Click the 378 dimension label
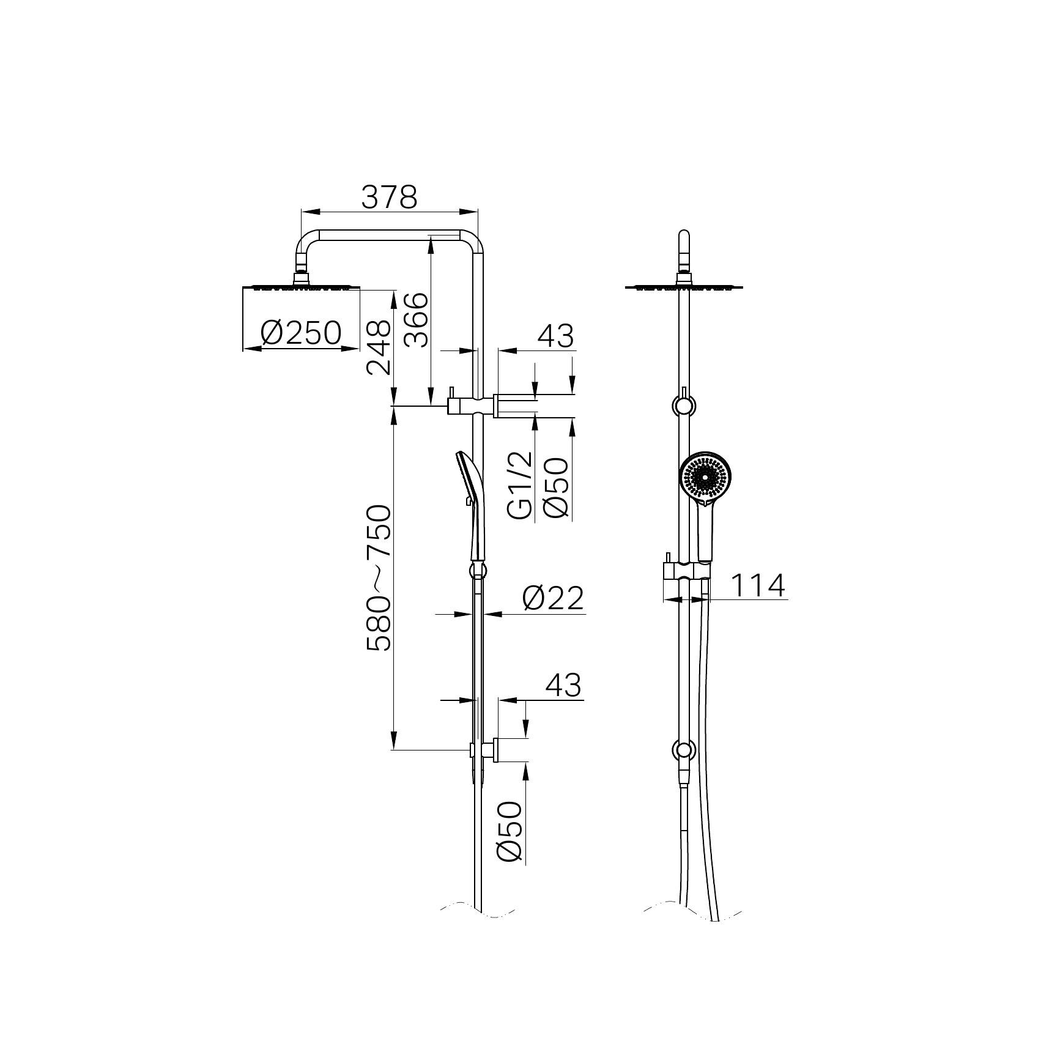click(389, 198)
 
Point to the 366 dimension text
click(416, 320)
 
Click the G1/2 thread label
click(521, 485)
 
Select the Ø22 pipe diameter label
click(553, 598)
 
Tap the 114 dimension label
click(757, 586)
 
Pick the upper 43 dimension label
click(555, 336)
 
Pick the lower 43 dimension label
click(563, 685)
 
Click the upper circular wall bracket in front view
click(684, 405)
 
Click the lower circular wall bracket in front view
click(684, 750)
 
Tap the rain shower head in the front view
click(684, 286)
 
